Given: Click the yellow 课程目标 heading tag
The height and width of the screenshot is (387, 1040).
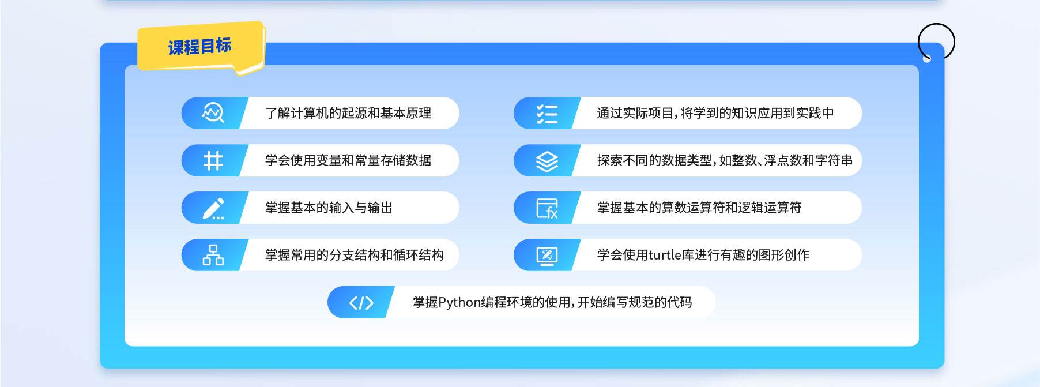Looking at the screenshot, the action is [200, 46].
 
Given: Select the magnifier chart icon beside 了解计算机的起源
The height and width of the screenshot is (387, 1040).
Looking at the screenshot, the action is [213, 113].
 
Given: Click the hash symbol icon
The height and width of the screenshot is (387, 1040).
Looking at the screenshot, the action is [213, 160].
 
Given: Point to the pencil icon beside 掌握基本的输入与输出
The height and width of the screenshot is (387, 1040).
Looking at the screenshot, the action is [213, 208].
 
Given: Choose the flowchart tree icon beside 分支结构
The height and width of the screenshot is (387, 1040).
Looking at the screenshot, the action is [213, 255].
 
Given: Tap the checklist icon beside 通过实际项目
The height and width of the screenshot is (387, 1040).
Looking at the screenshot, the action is [547, 114].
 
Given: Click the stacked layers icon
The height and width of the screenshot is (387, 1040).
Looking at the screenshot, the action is [547, 161].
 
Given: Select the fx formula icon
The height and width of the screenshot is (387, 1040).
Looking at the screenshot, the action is [547, 208].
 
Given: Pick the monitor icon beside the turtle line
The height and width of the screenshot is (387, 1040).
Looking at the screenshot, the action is [547, 256].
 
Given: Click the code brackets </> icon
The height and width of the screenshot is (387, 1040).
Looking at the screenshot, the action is [361, 303].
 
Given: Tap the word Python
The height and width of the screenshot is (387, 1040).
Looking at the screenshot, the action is [459, 303].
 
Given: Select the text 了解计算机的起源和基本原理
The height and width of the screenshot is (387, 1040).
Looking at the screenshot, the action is [348, 113].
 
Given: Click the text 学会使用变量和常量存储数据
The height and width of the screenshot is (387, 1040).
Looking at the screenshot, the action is [348, 160].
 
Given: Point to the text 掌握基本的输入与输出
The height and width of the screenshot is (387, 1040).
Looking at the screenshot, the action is [329, 208].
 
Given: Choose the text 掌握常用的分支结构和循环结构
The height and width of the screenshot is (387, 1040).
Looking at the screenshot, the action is [355, 255].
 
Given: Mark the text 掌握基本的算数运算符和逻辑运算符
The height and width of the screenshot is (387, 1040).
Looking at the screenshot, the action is [699, 208].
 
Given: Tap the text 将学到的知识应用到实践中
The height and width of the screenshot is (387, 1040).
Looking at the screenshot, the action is [757, 113].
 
